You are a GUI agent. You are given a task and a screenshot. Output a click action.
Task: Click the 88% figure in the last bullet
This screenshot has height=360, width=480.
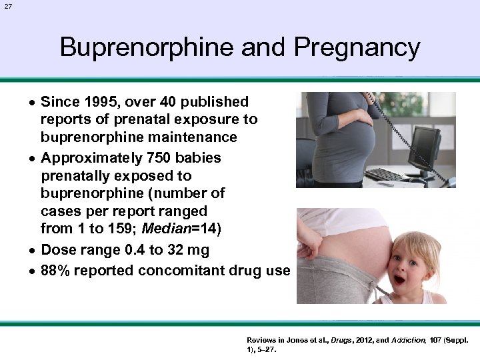click(x=55, y=271)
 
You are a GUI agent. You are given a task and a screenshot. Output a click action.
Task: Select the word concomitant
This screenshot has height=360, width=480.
click(x=191, y=271)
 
